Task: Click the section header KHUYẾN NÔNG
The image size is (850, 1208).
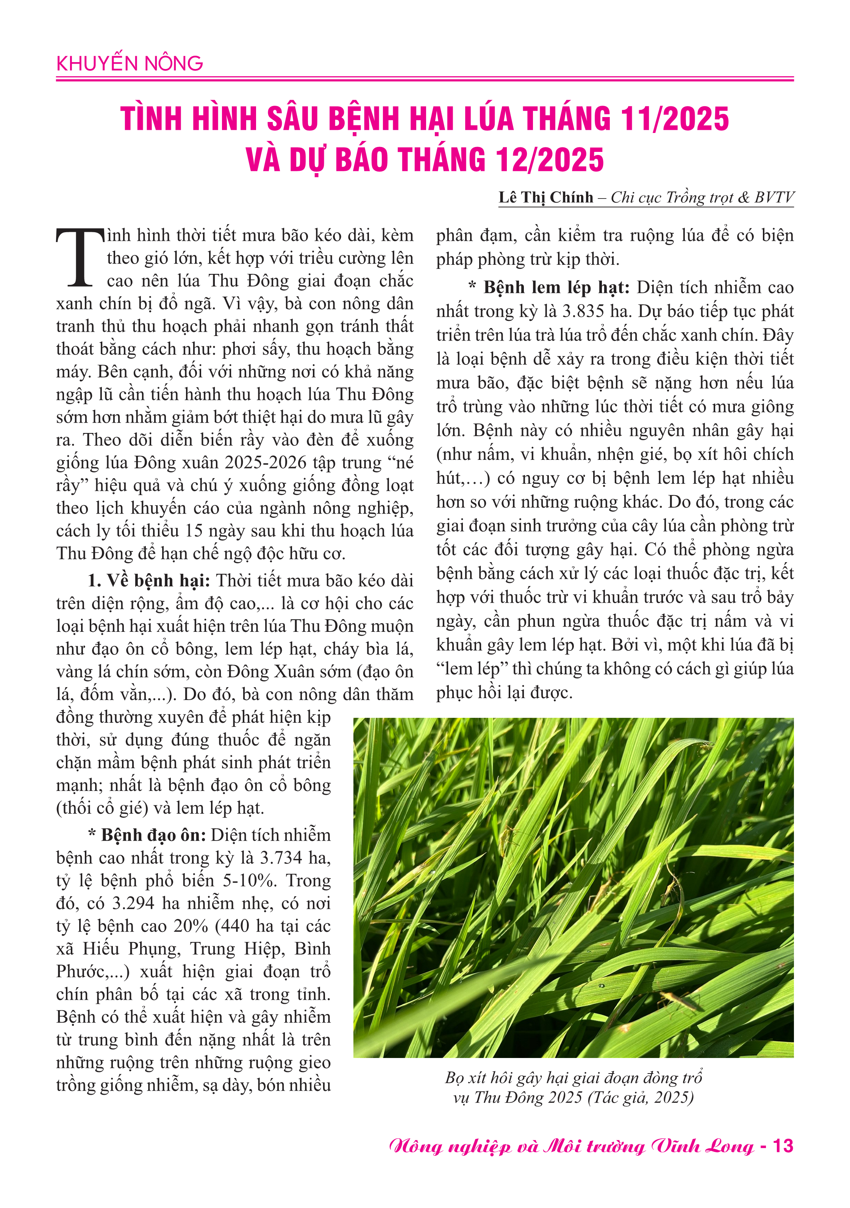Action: (x=130, y=64)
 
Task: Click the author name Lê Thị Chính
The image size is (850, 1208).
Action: (x=546, y=197)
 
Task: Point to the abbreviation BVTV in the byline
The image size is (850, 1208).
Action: (x=774, y=197)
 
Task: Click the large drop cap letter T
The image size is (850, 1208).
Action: (x=80, y=258)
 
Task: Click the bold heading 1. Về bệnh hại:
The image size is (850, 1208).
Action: (x=149, y=581)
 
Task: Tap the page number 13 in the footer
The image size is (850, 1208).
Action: (x=783, y=1145)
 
